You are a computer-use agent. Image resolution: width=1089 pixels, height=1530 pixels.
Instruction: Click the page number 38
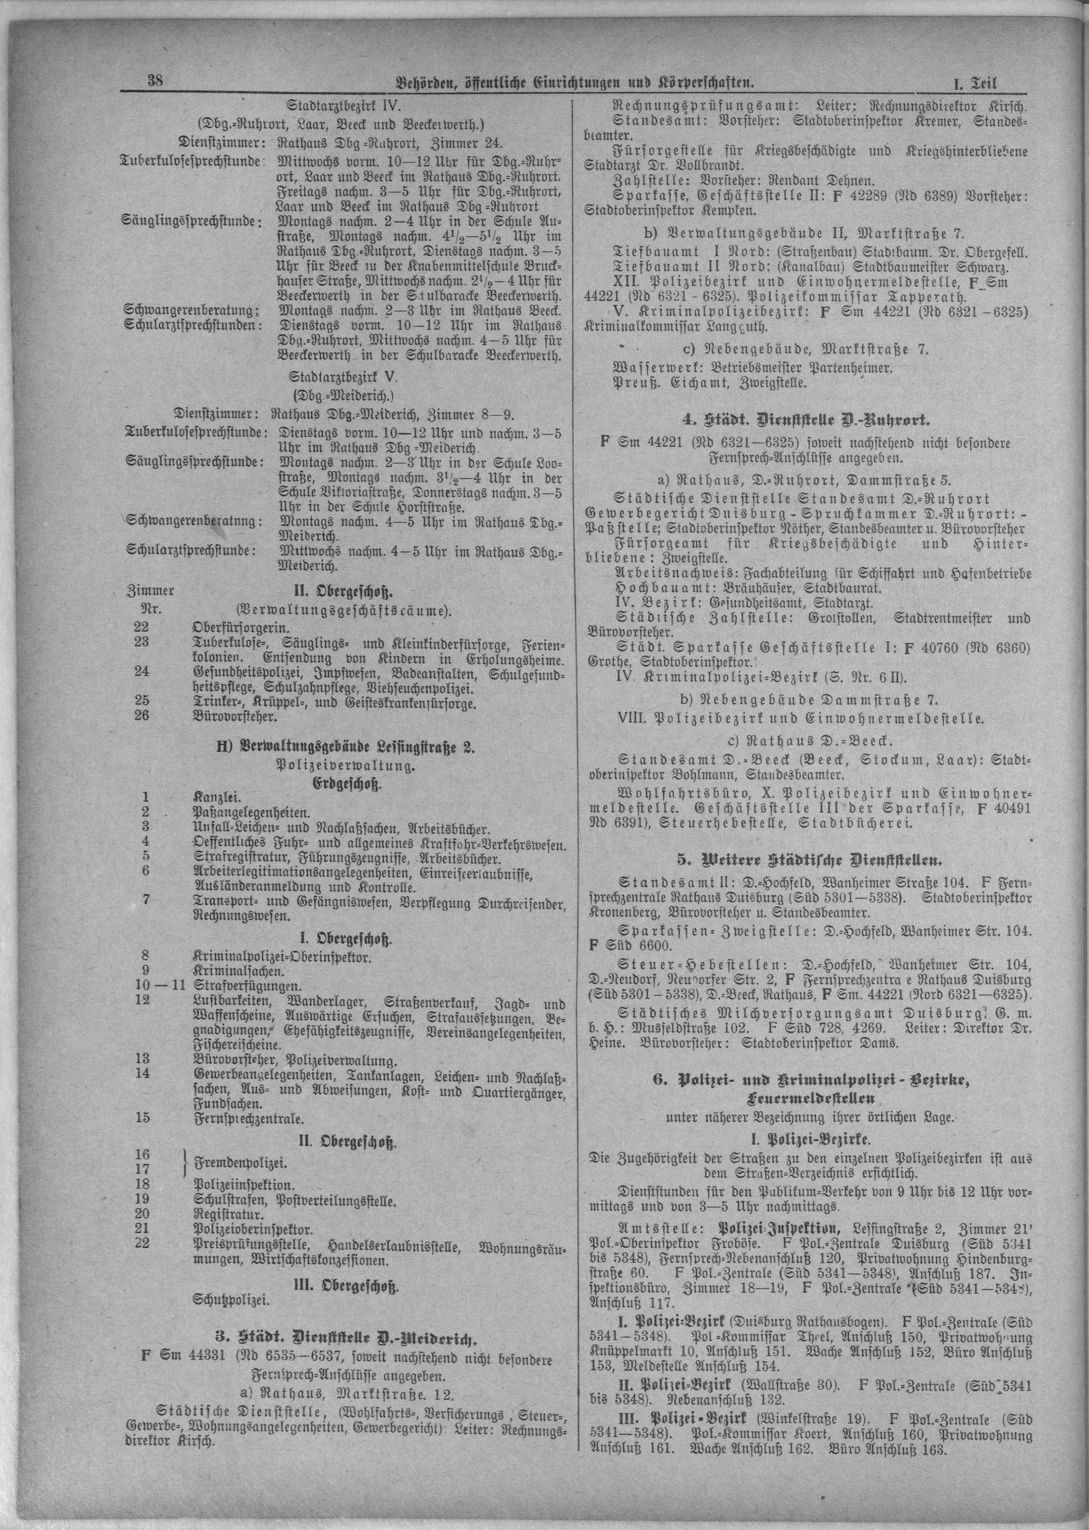[156, 82]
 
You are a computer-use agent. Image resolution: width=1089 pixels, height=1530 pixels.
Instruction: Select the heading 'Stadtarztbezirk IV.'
[344, 105]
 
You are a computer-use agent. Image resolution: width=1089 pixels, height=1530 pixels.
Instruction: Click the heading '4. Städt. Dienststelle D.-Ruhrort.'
[801, 421]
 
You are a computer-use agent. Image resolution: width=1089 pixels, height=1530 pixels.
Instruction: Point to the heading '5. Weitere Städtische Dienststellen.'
[801, 859]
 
